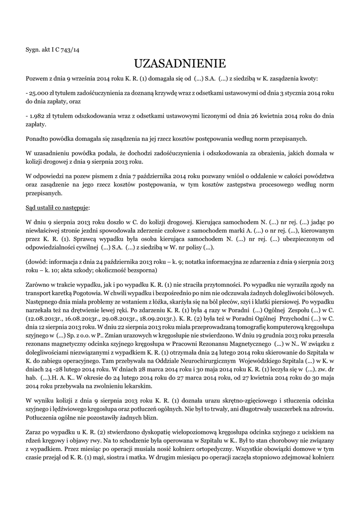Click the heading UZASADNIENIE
coord(180,63)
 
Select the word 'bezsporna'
coord(141,270)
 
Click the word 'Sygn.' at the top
coord(33,50)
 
